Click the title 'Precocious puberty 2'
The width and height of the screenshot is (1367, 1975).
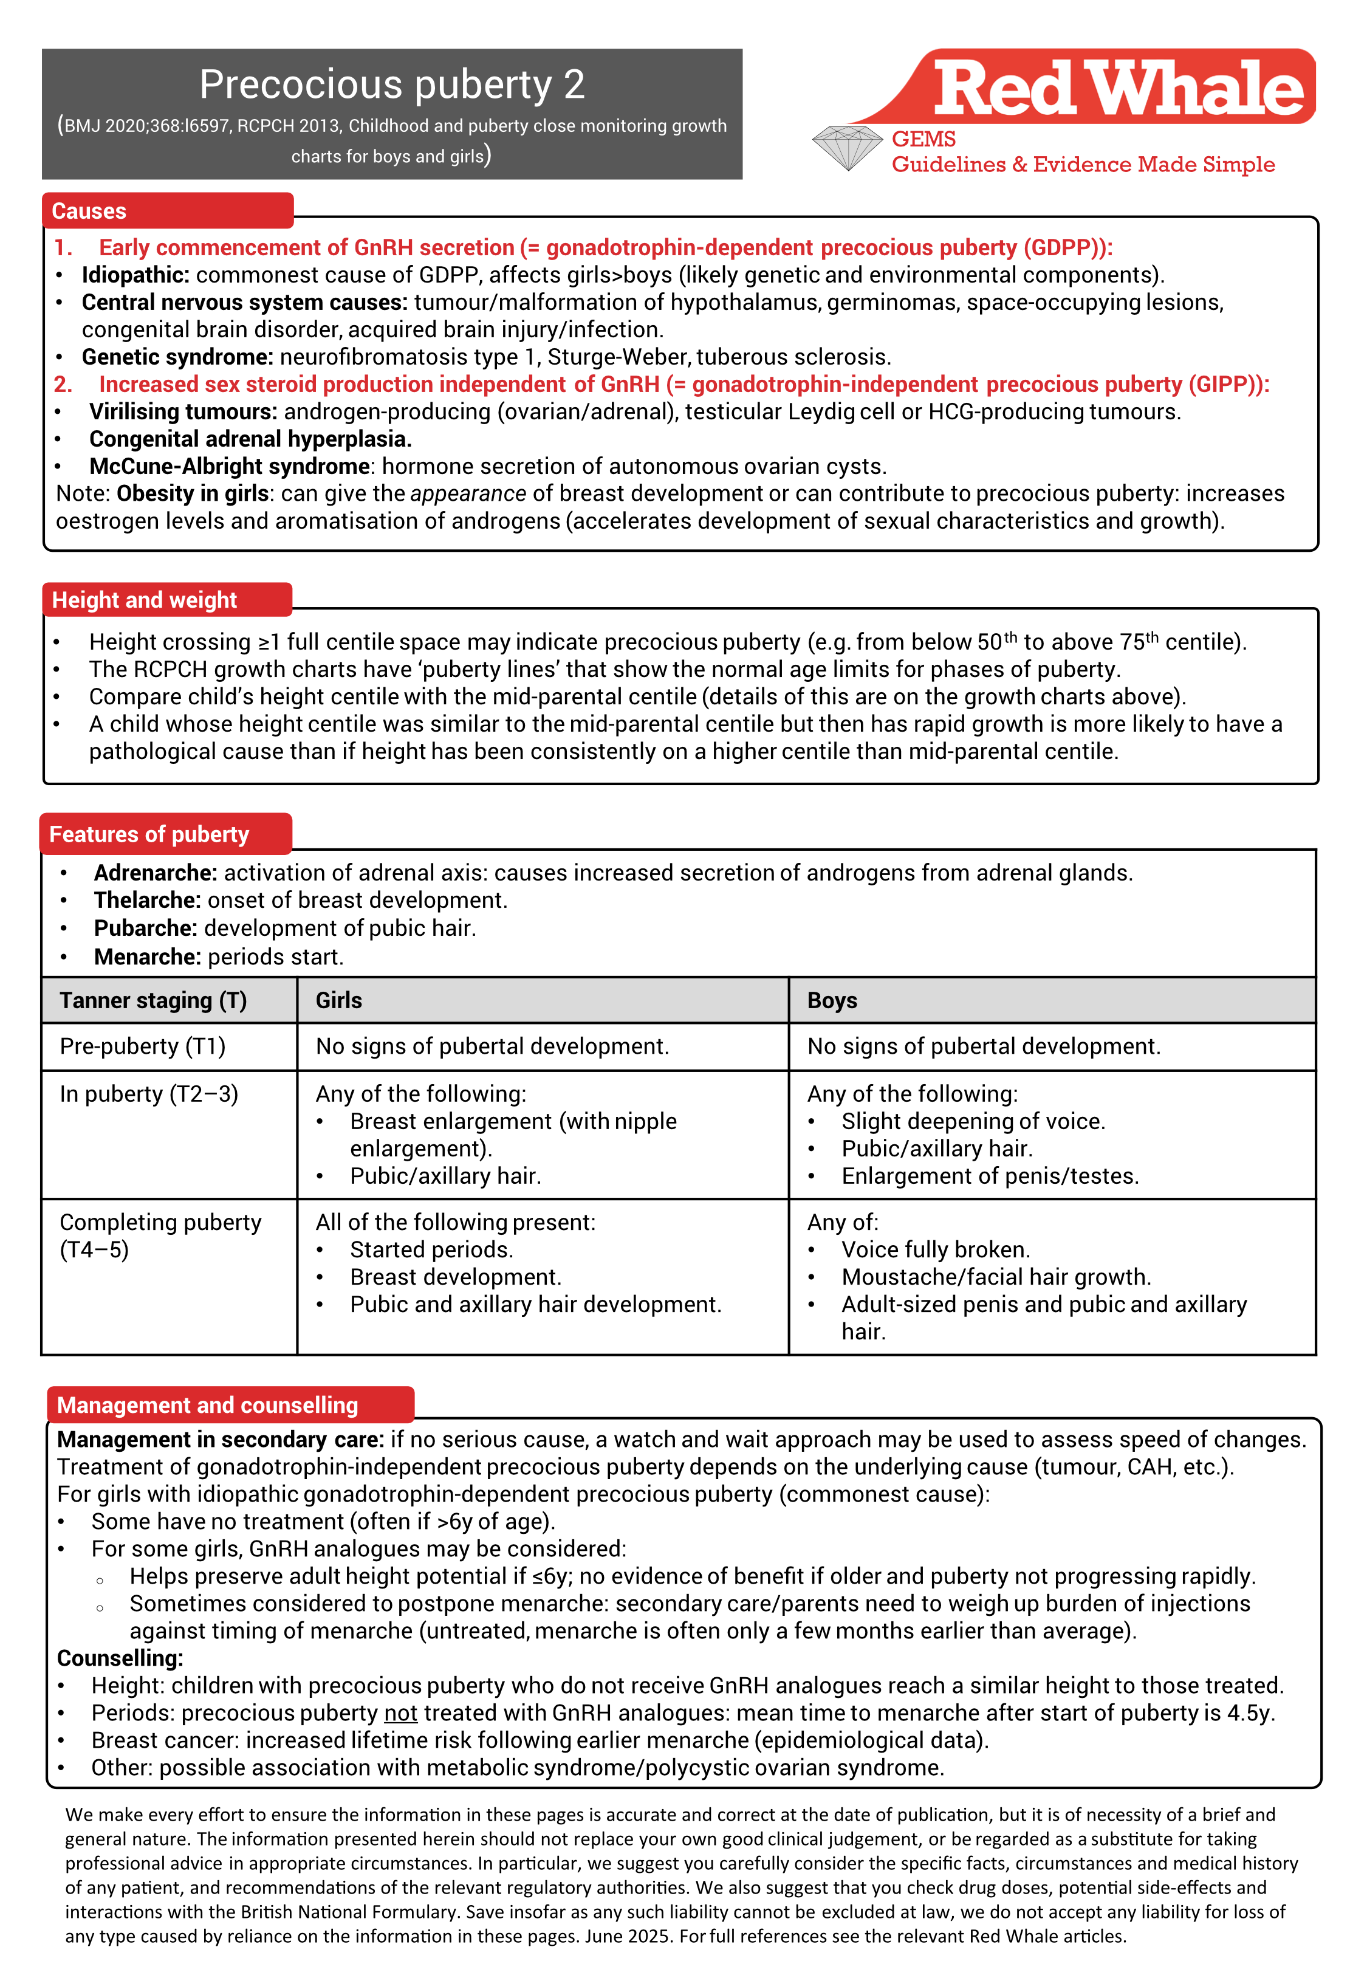392,85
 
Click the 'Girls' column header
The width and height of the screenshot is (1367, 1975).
339,1000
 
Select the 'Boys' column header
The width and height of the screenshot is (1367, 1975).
832,1000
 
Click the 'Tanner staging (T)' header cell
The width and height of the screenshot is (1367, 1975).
153,1000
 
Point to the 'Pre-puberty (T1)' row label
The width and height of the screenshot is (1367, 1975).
142,1046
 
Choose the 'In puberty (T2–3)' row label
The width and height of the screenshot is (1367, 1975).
149,1094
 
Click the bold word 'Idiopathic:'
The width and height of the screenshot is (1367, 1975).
135,275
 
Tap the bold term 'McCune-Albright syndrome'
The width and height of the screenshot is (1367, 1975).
230,466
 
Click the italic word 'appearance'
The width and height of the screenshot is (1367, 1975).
468,493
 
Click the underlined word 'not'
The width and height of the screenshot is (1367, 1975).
400,1713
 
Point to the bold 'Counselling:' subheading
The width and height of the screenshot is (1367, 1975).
120,1658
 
